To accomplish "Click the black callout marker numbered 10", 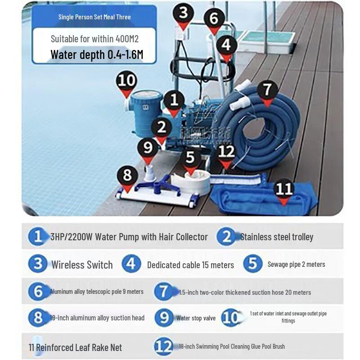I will point(126,82).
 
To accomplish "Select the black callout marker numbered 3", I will point(183,13).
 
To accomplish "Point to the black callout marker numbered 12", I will point(226,152).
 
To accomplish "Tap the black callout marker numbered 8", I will point(127,175).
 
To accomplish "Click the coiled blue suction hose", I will point(261,130).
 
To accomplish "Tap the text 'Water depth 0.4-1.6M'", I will point(97,55).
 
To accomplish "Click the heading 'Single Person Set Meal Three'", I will point(94,17).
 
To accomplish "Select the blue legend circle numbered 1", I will point(38,237).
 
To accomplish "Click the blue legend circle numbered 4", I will point(131,264).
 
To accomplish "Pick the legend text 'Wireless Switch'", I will point(82,265).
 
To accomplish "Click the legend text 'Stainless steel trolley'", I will point(276,237).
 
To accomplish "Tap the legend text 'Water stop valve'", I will point(196,318).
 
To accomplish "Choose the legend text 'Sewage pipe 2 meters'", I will point(296,264).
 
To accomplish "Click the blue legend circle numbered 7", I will point(163,292).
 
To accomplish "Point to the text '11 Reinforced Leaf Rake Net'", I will point(75,347).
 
